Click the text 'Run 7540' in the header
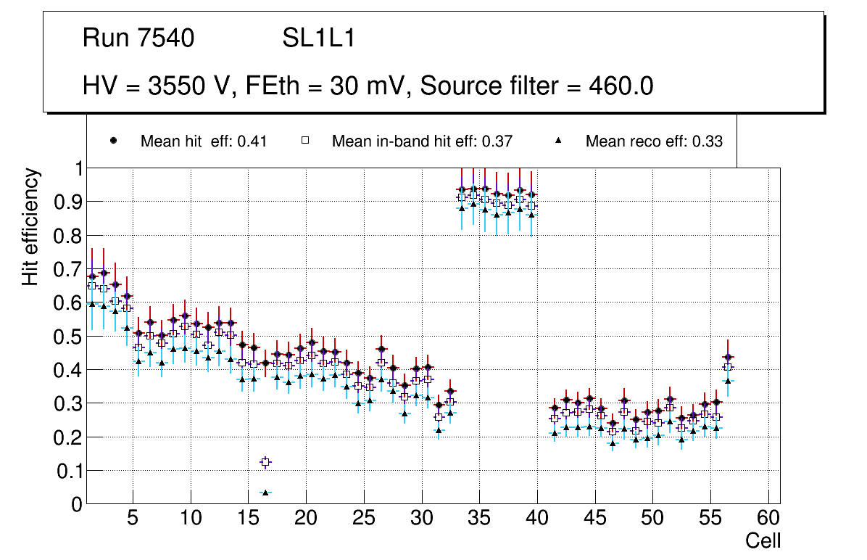pos(138,38)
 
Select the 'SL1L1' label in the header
pos(318,38)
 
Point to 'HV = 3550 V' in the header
pos(156,86)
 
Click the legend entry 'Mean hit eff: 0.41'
pos(204,141)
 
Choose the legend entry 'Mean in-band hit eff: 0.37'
pos(422,141)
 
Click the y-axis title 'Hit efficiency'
pos(30,226)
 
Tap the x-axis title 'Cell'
pos(763,540)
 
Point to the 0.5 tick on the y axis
pos(68,337)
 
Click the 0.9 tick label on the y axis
pos(68,202)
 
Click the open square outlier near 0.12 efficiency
pos(265,462)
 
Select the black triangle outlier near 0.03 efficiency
pos(265,493)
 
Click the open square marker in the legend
pos(305,141)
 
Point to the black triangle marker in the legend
pos(559,141)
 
